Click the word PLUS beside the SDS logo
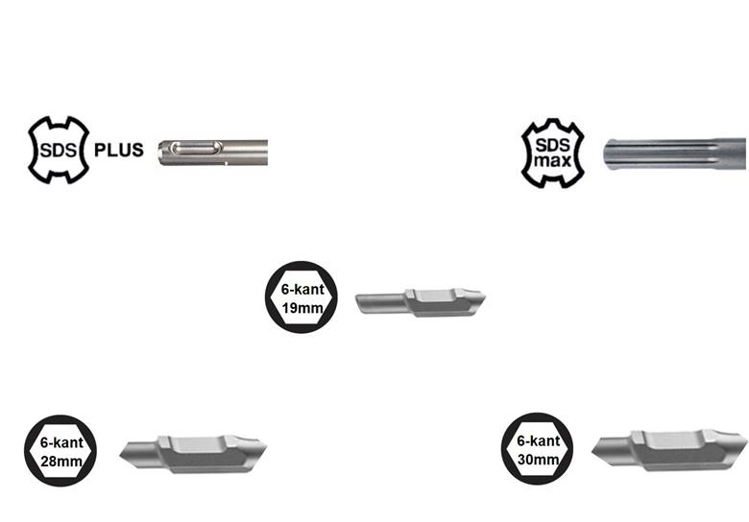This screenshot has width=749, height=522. point(118,150)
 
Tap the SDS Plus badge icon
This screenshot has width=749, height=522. point(59,150)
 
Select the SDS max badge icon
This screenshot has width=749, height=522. point(553,154)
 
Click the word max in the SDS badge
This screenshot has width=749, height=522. point(553,161)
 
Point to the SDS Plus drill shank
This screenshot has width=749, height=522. point(213,153)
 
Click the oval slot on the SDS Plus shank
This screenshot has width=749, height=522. point(196,148)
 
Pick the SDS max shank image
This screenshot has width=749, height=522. point(675,154)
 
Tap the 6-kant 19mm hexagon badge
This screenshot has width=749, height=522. point(302,297)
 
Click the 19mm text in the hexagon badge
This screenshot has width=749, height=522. point(302,308)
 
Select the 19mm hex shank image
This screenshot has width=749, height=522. point(421,302)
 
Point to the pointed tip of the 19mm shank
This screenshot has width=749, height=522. point(485,297)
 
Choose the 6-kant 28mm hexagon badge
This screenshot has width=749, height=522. point(60,450)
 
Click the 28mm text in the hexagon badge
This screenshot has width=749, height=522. point(61,462)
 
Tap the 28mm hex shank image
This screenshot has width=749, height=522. point(193,454)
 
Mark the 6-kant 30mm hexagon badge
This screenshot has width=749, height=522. point(538,448)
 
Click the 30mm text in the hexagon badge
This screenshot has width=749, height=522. point(539,460)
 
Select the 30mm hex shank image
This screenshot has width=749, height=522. point(669,450)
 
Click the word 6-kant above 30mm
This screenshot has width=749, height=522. point(539,440)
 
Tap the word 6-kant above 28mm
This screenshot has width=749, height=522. point(61,442)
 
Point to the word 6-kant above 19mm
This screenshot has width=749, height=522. point(302,289)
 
